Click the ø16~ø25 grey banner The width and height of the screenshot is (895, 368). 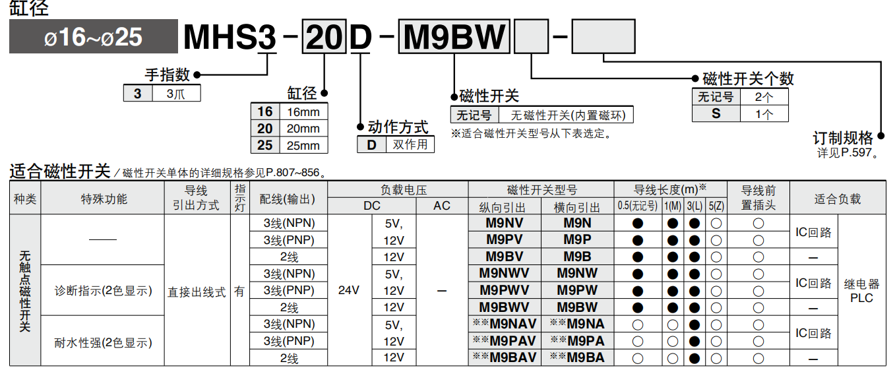(x=93, y=37)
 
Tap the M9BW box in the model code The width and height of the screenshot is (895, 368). (x=454, y=37)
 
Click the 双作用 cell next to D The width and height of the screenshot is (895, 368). (x=410, y=144)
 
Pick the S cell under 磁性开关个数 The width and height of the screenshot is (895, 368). (x=716, y=113)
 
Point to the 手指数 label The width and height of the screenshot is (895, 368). (x=167, y=75)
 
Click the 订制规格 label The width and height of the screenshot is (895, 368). (x=842, y=138)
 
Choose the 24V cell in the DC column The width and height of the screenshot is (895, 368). (x=349, y=290)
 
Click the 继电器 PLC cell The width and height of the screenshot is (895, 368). (x=861, y=290)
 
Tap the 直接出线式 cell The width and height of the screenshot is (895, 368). (x=197, y=291)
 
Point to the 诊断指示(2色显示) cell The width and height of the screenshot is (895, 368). (x=103, y=291)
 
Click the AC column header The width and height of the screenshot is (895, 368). (x=442, y=206)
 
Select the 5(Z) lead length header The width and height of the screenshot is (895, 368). (x=716, y=206)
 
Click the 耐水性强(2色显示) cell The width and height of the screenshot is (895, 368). (x=103, y=342)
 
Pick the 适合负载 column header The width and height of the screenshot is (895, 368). (x=837, y=199)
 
